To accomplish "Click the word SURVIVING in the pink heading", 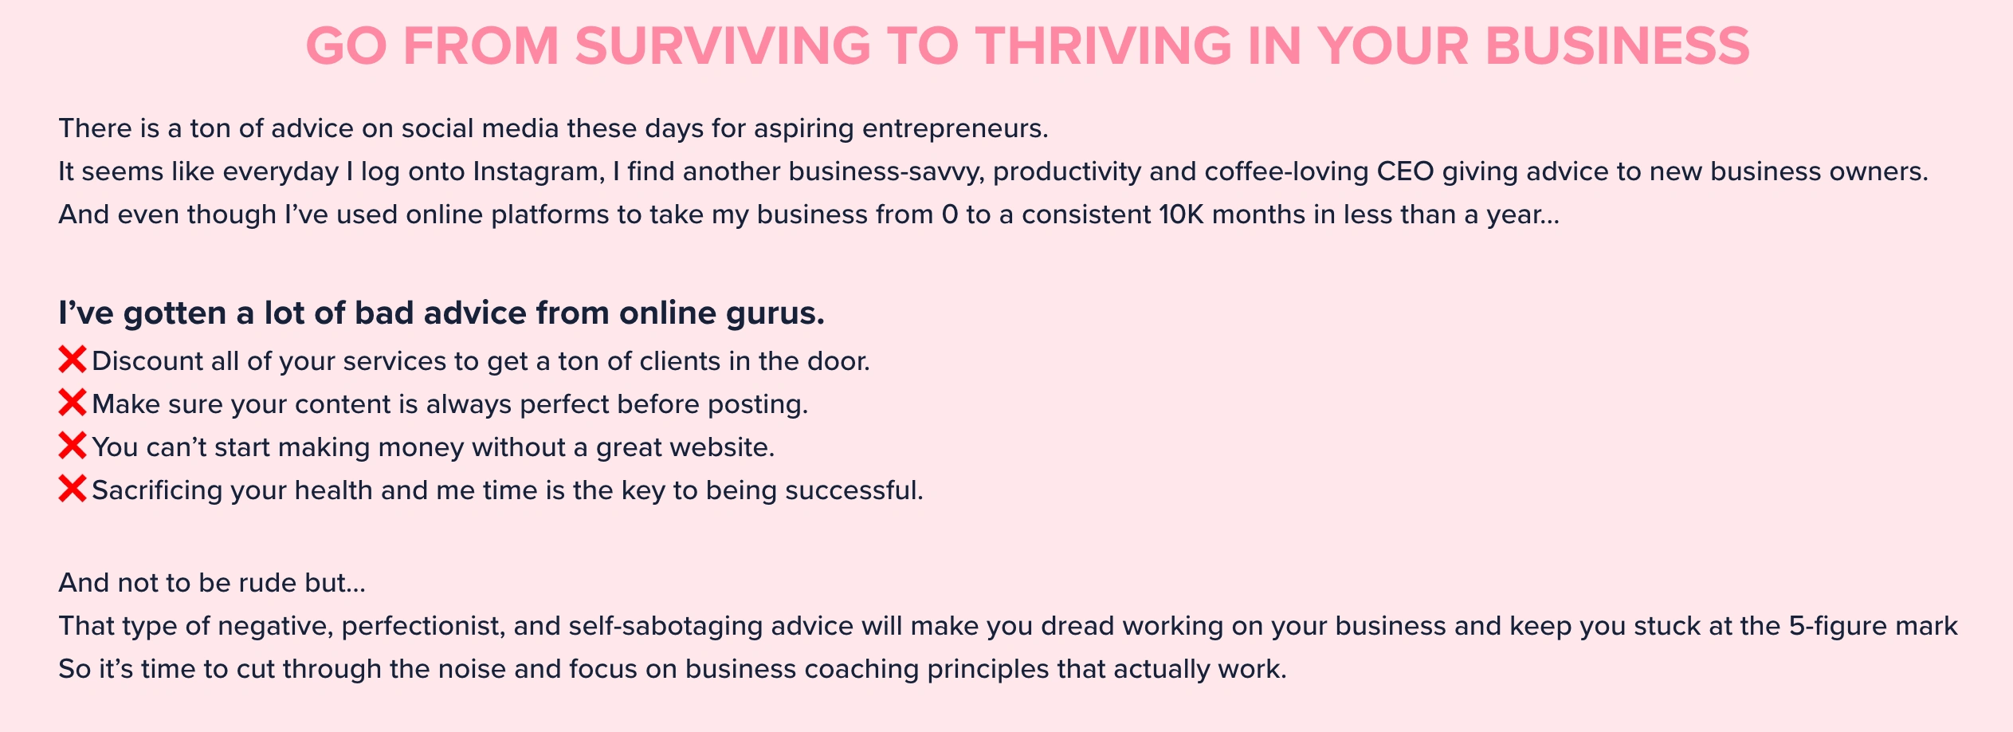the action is coord(723,46).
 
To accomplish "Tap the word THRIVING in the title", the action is coord(1105,46).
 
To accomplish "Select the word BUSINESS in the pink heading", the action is coord(1617,46).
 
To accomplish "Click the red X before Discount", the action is coord(73,360).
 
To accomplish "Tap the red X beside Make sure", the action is coord(73,403).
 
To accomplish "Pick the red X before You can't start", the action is coord(73,446).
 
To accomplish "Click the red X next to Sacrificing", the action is coord(73,489).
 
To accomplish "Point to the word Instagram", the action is coord(539,172).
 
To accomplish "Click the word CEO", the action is coord(1406,171).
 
